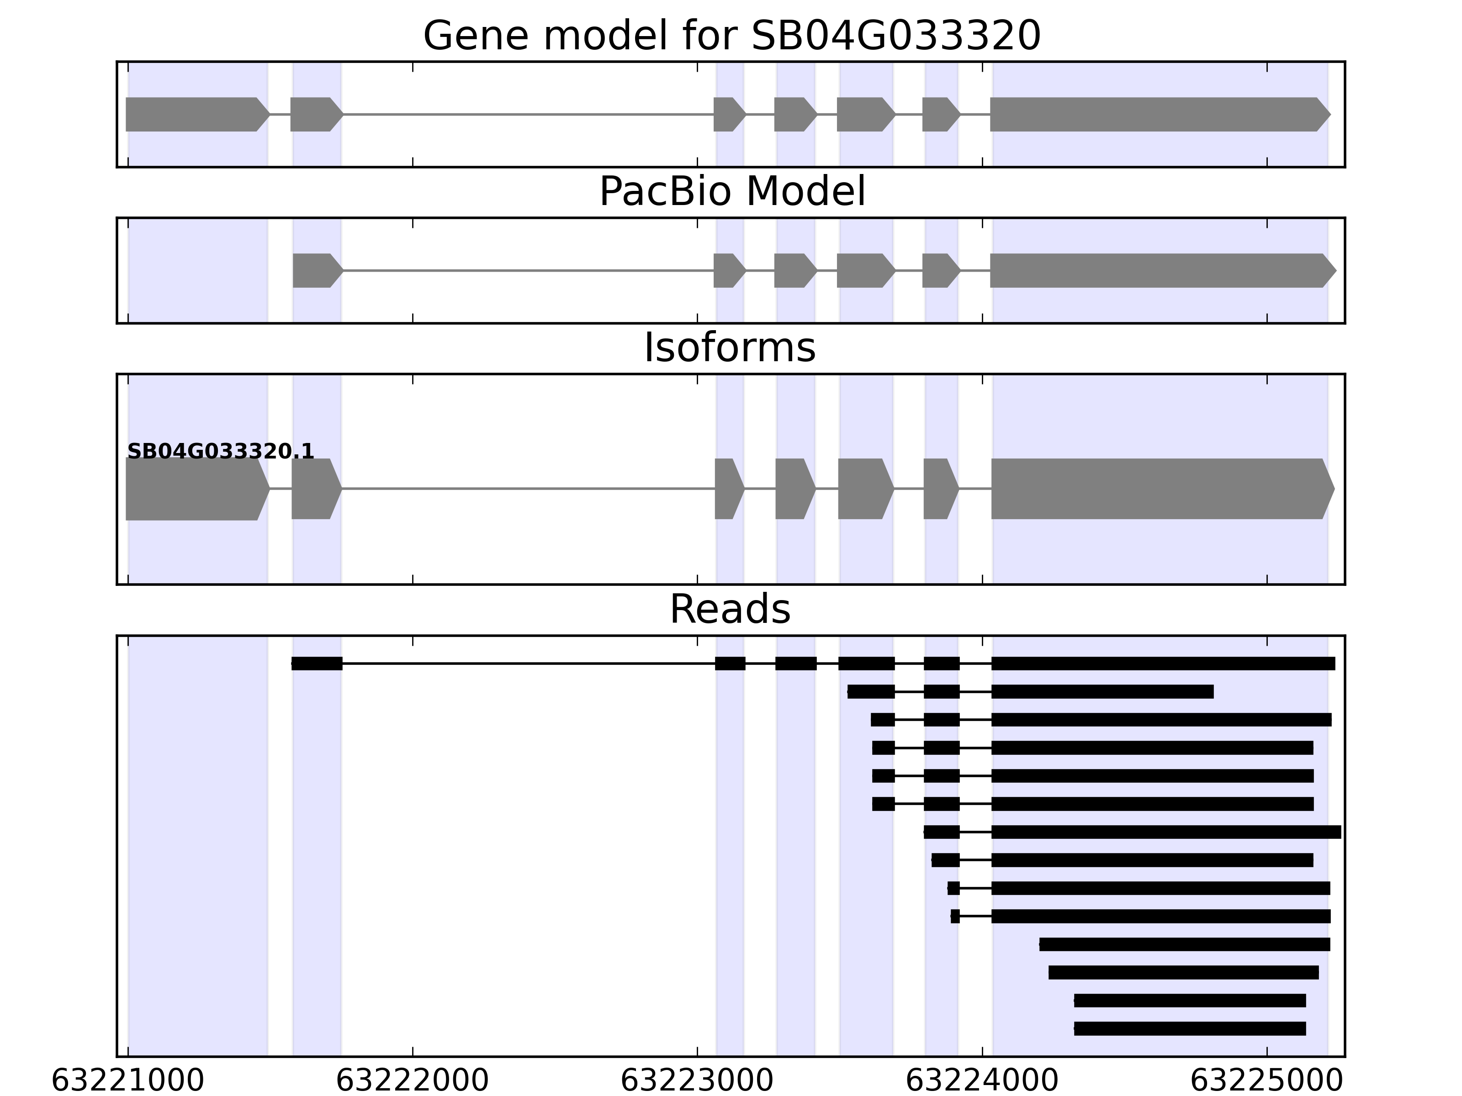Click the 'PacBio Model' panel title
pyautogui.click(x=731, y=192)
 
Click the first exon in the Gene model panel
pyautogui.click(x=195, y=114)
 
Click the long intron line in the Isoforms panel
pyautogui.click(x=529, y=489)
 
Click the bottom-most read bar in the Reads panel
pyautogui.click(x=1190, y=1028)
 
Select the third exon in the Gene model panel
pyautogui.click(x=728, y=114)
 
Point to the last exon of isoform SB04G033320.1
pyautogui.click(x=1160, y=489)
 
